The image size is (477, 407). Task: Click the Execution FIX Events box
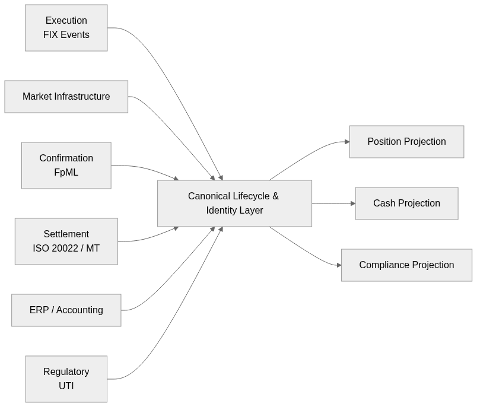tap(66, 28)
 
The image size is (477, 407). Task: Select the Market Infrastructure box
tap(66, 97)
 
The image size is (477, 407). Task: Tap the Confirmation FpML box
tap(66, 166)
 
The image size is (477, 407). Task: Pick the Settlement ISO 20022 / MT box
tap(66, 241)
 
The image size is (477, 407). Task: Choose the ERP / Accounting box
tap(66, 310)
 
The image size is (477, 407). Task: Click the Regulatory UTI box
tap(66, 379)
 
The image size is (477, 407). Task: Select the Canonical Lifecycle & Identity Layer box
tap(234, 203)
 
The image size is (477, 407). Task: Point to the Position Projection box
tap(406, 142)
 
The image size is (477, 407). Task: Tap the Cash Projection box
tap(406, 203)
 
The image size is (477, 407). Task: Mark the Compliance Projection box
tap(406, 265)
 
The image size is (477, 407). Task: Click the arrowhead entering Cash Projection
tap(352, 203)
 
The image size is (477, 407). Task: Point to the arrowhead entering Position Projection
tap(346, 142)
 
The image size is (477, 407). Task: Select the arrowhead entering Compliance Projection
tap(339, 265)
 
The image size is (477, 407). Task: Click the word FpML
tap(66, 173)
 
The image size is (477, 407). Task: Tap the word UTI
tap(66, 386)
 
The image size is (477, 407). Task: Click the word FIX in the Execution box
tap(51, 35)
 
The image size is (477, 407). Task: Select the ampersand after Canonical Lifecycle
tap(275, 196)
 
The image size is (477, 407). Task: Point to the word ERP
tap(39, 310)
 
